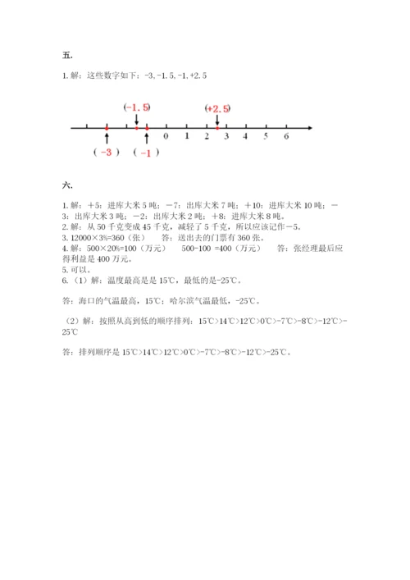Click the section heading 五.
[66, 55]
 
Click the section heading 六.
[66, 185]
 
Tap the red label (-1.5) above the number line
[137, 107]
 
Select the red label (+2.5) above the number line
[218, 108]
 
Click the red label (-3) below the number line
[107, 153]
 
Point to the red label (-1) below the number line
[147, 153]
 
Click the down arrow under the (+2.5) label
[217, 120]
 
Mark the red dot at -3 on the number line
[107, 127]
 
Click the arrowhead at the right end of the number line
[309, 127]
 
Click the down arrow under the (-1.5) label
[136, 120]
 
